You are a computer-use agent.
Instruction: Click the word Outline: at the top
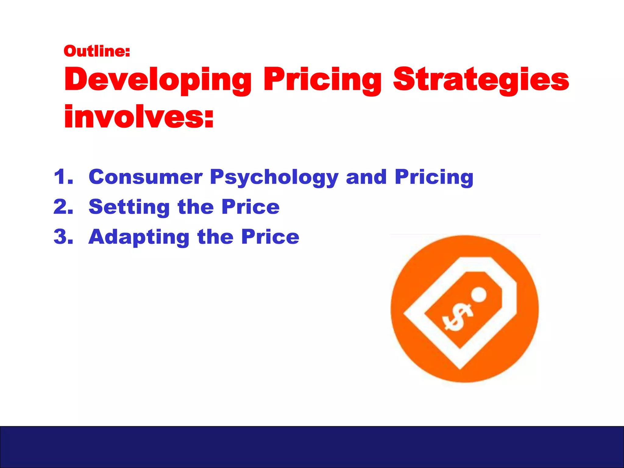pyautogui.click(x=97, y=51)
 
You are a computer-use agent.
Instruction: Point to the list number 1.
pyautogui.click(x=63, y=177)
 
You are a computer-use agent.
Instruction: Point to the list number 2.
pyautogui.click(x=63, y=207)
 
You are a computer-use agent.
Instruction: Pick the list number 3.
pyautogui.click(x=63, y=236)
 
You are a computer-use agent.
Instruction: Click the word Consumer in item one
pyautogui.click(x=145, y=177)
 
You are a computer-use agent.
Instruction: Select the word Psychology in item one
pyautogui.click(x=274, y=177)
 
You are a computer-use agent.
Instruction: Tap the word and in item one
pyautogui.click(x=366, y=177)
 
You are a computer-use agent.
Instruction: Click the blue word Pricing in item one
pyautogui.click(x=434, y=177)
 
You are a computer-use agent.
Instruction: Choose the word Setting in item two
pyautogui.click(x=129, y=207)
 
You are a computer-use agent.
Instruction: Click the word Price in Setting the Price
pyautogui.click(x=250, y=207)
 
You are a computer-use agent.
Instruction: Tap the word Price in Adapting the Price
pyautogui.click(x=270, y=236)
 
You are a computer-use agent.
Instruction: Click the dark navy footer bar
pyautogui.click(x=312, y=447)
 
